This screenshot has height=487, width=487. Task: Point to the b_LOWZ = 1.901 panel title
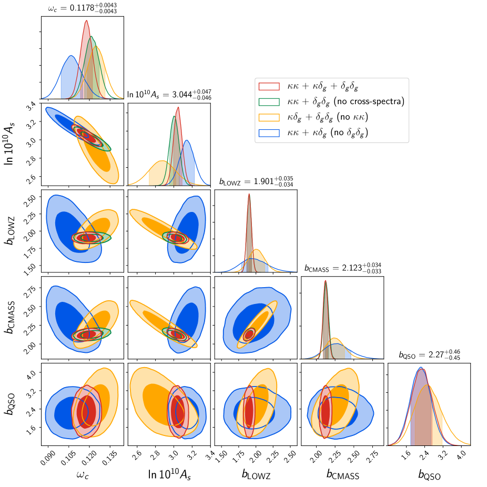(x=256, y=182)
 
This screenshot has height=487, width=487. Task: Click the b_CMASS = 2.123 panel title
(x=343, y=268)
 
